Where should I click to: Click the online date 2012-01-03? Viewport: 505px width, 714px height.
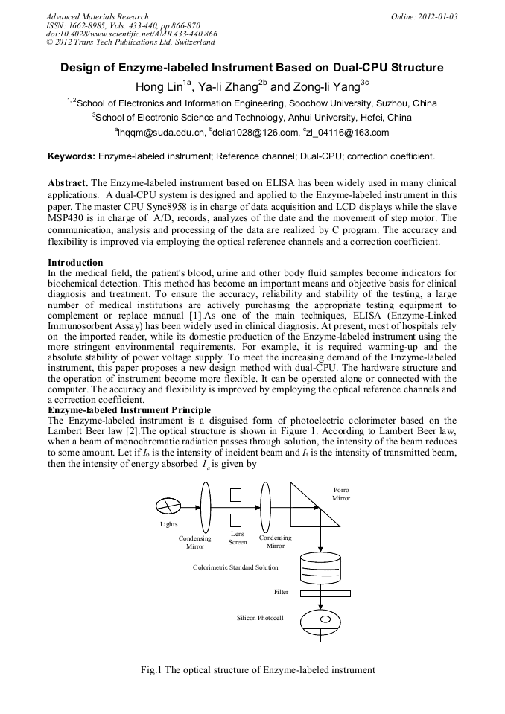[x=435, y=16]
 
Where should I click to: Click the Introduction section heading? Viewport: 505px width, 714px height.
[x=75, y=263]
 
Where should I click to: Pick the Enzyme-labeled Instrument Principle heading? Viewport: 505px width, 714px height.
[x=129, y=409]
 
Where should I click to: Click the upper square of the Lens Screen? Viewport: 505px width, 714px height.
[x=236, y=494]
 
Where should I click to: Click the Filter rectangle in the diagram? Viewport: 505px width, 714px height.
[x=320, y=593]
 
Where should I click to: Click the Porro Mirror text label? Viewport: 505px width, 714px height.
[x=340, y=493]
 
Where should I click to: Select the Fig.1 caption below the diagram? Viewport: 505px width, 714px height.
[x=258, y=670]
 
